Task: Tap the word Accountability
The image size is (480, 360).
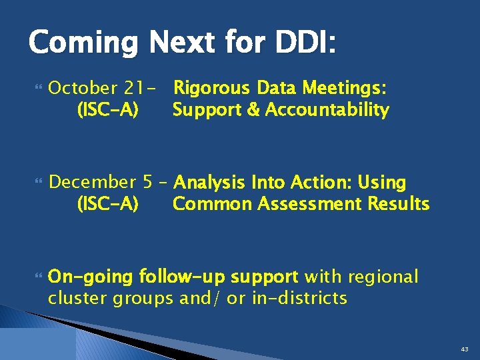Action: [327, 110]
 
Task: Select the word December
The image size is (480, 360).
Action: [92, 182]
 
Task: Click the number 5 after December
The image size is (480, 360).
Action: [148, 182]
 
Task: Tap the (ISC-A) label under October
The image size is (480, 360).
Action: [108, 110]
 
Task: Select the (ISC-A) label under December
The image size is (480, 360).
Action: [108, 204]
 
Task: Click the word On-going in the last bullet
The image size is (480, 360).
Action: [92, 277]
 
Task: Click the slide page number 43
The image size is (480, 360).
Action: [464, 349]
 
